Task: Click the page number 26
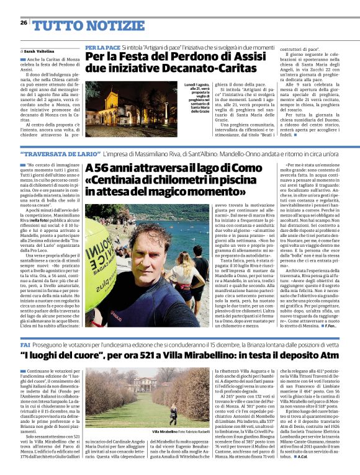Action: tap(23, 22)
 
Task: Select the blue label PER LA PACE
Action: tap(102, 47)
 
